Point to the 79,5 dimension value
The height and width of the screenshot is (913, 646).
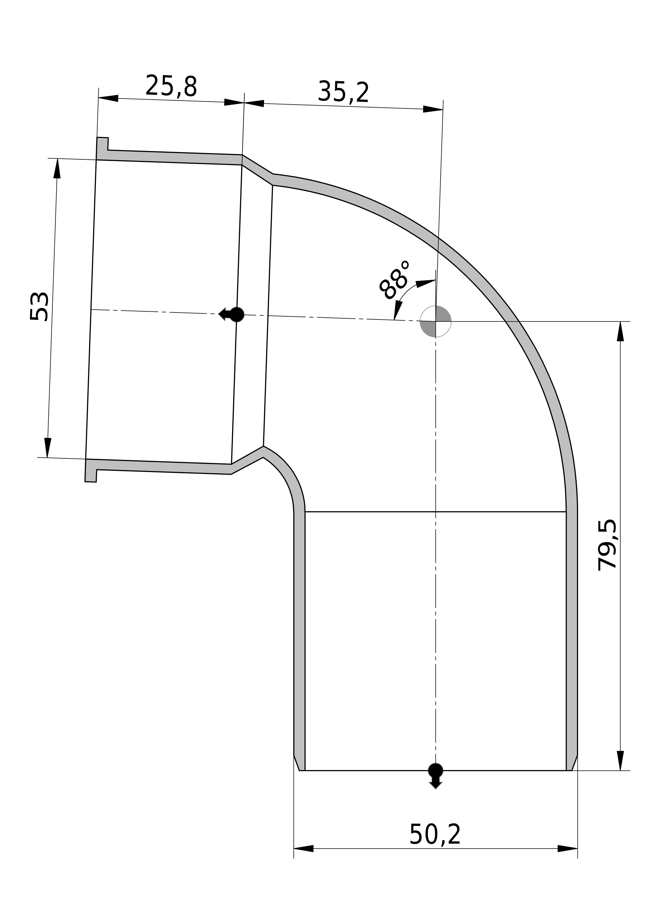coord(607,545)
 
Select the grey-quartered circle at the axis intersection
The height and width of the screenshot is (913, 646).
coord(435,322)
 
